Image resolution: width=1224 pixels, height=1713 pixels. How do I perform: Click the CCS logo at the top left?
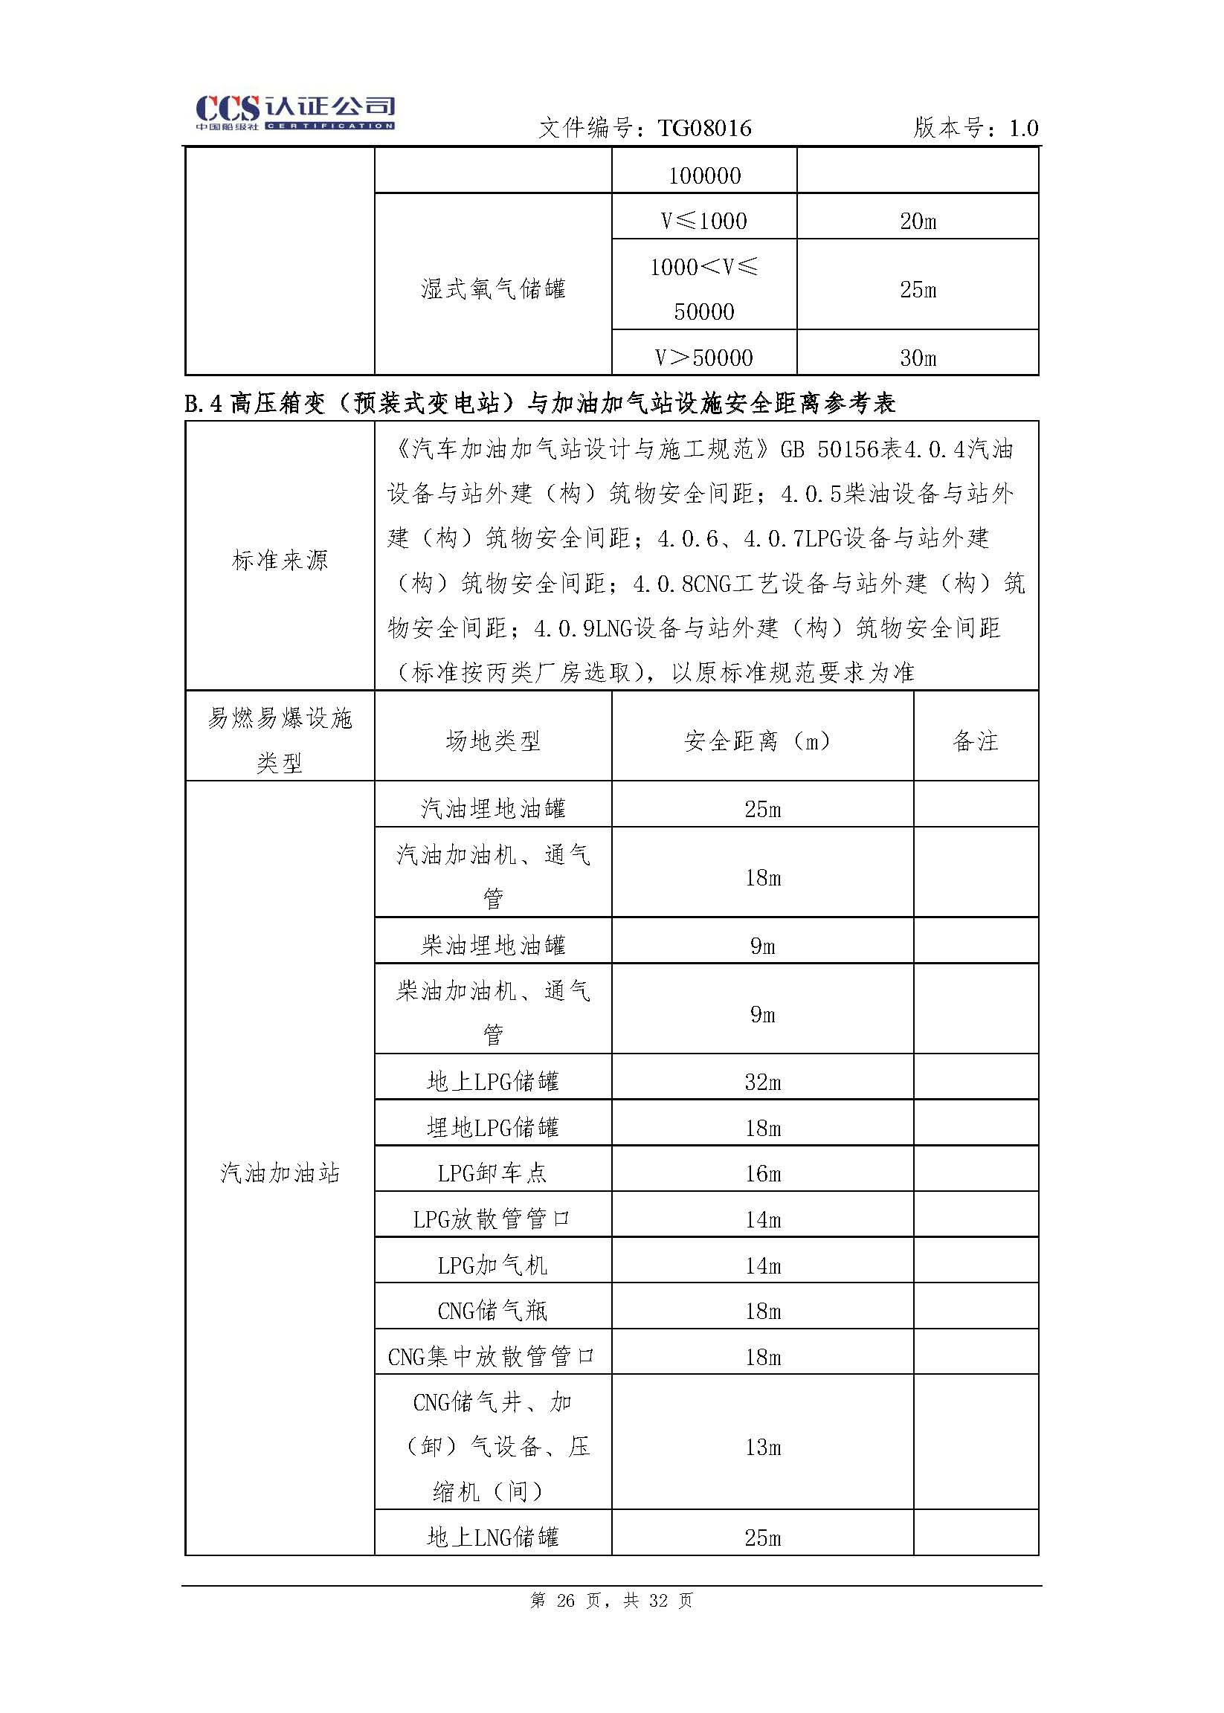pyautogui.click(x=294, y=114)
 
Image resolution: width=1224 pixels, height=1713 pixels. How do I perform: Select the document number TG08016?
pyautogui.click(x=704, y=129)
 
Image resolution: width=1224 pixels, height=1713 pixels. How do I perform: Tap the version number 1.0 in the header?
pyautogui.click(x=1022, y=129)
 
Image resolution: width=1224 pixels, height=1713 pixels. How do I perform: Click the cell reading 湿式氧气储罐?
pyautogui.click(x=493, y=288)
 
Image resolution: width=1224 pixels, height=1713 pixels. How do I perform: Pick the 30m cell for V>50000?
pyautogui.click(x=917, y=358)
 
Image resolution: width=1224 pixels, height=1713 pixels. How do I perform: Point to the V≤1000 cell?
pyautogui.click(x=704, y=221)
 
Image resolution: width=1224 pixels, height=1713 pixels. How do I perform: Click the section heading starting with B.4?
pyautogui.click(x=540, y=404)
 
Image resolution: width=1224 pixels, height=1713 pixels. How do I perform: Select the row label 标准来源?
pyautogui.click(x=280, y=560)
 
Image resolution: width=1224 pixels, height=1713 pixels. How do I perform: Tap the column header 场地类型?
pyautogui.click(x=493, y=741)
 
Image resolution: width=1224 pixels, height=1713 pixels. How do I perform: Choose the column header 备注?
pyautogui.click(x=976, y=741)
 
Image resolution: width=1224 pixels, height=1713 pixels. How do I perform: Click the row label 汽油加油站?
pyautogui.click(x=280, y=1172)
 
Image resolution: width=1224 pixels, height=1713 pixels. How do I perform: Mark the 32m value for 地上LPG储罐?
pyautogui.click(x=762, y=1083)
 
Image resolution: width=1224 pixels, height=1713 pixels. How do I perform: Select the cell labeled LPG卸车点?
pyautogui.click(x=493, y=1172)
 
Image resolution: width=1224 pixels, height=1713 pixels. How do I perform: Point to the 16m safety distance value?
pyautogui.click(x=762, y=1173)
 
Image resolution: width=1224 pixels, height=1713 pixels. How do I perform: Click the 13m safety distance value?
pyautogui.click(x=762, y=1447)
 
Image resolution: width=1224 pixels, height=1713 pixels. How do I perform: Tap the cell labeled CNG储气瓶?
pyautogui.click(x=493, y=1311)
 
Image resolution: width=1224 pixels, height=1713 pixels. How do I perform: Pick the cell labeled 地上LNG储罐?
pyautogui.click(x=493, y=1537)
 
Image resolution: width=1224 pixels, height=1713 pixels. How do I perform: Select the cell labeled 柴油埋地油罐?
pyautogui.click(x=493, y=945)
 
